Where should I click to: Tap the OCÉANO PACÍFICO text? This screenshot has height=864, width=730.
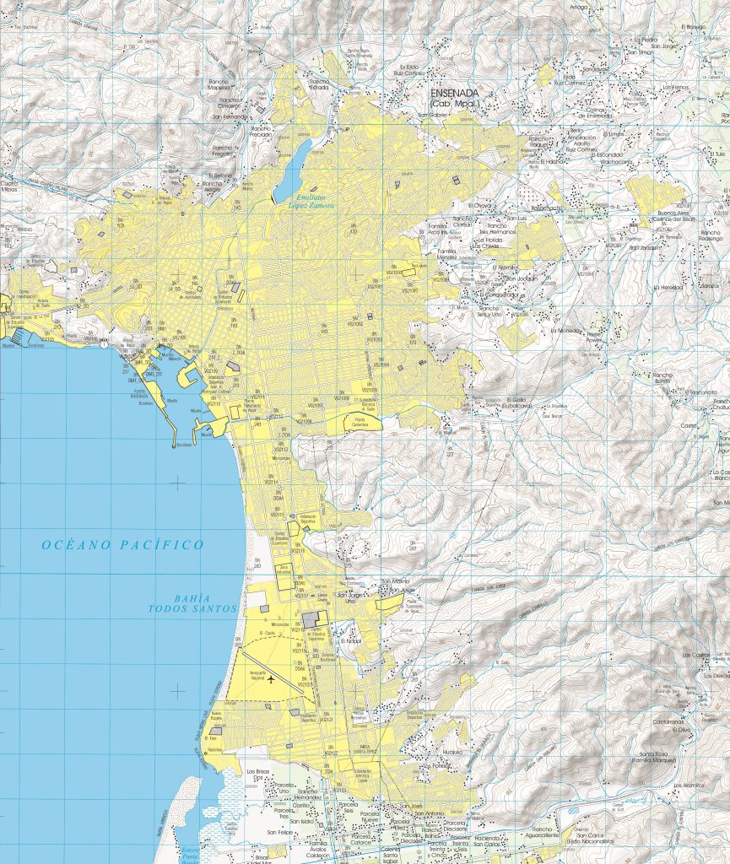[123, 545]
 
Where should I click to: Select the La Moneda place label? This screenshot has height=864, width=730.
[566, 331]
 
